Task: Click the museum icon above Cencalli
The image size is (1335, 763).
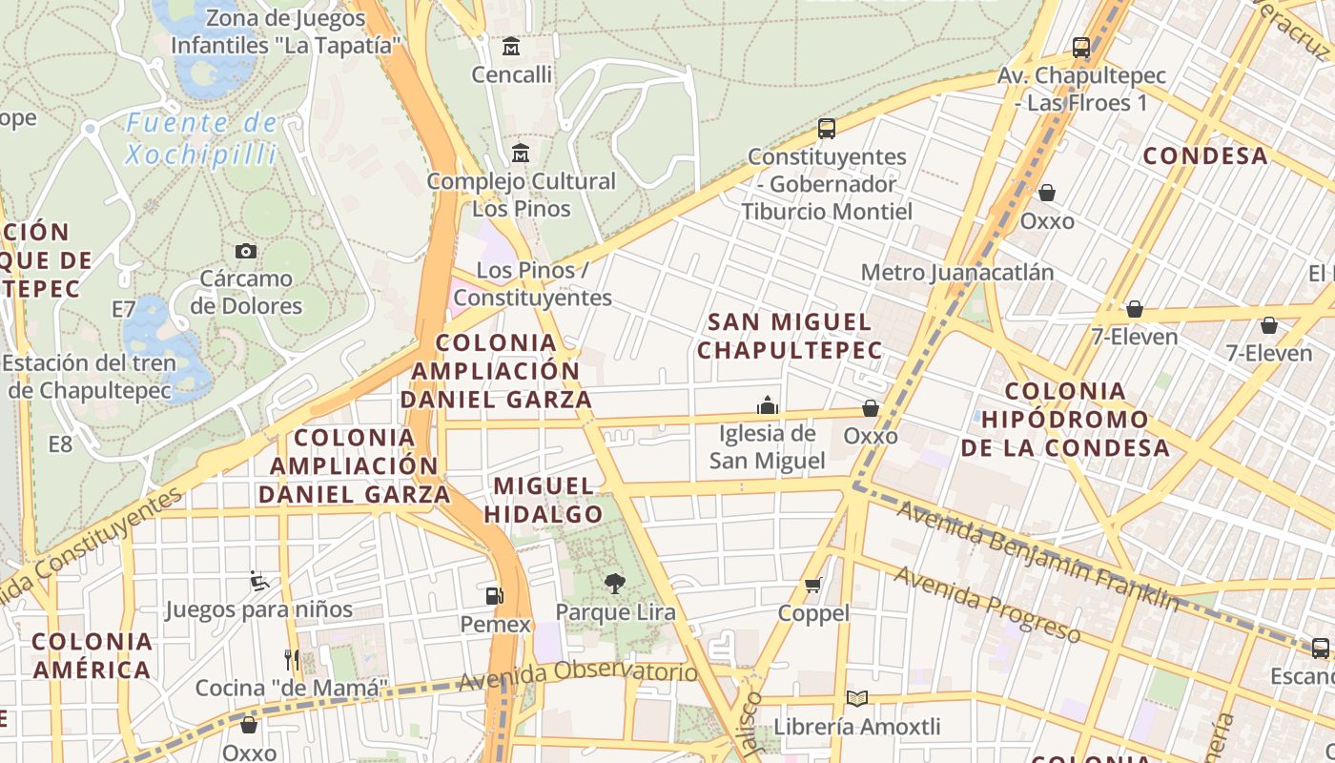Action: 511,46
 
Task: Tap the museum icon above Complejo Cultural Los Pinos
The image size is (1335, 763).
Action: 521,153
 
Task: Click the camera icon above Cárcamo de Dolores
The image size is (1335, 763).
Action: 246,251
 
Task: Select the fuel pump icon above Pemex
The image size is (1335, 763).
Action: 494,596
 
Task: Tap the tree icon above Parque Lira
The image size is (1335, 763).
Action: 615,583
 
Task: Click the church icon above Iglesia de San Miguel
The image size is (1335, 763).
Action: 768,406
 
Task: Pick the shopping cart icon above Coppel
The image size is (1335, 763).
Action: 812,585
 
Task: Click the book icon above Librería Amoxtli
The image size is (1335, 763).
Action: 857,698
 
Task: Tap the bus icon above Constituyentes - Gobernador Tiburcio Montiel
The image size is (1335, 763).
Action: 827,128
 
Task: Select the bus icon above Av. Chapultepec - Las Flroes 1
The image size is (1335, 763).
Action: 1081,47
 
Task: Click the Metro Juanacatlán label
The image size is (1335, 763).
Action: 957,273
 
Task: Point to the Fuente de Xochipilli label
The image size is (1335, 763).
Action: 202,138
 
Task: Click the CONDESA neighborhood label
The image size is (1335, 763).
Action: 1205,155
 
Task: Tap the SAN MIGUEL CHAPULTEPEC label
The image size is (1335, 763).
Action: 790,336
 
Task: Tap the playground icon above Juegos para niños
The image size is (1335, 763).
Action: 258,580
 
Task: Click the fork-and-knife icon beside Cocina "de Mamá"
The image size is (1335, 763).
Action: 292,659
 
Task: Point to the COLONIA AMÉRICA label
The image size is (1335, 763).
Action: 92,655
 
